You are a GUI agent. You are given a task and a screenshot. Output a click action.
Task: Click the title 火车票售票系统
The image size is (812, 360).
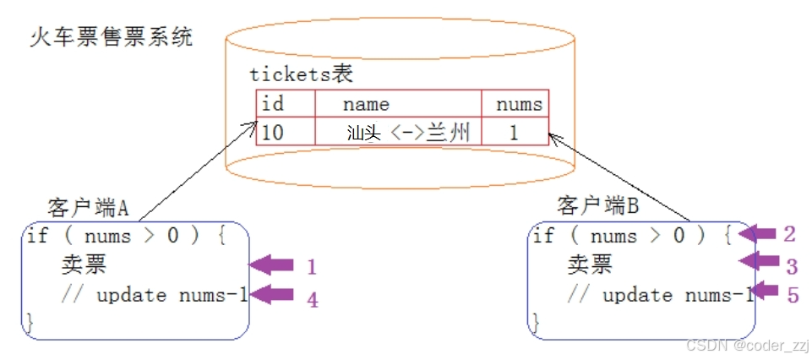112,37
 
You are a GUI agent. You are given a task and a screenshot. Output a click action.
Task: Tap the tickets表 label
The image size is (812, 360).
301,74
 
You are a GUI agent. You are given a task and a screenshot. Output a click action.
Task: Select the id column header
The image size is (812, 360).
273,104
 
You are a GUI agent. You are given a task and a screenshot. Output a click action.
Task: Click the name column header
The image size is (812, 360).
366,104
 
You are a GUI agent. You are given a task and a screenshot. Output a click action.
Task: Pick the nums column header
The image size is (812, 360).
519,104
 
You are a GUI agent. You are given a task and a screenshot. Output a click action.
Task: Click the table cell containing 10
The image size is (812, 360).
273,132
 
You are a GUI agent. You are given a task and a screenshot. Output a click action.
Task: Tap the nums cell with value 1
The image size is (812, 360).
514,133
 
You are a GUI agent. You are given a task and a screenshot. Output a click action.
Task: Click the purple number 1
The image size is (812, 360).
311,267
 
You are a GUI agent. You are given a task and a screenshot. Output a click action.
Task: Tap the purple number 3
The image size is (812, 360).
792,267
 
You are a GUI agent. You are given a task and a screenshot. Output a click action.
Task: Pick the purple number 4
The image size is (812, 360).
312,298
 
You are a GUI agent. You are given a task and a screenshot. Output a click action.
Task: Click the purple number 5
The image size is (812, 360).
792,295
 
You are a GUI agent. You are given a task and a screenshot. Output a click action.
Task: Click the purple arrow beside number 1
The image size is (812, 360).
272,265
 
